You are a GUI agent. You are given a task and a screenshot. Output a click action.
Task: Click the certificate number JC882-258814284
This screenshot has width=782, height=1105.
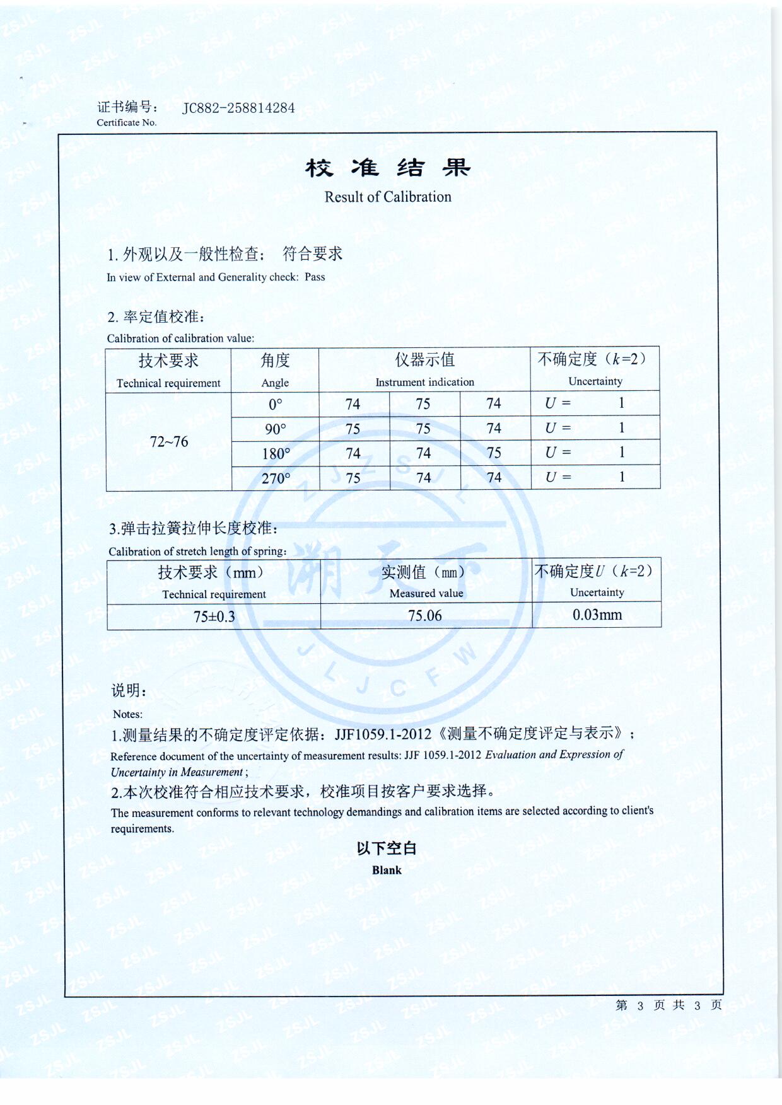tap(238, 108)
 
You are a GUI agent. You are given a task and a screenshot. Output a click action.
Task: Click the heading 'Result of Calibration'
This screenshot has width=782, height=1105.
tap(388, 197)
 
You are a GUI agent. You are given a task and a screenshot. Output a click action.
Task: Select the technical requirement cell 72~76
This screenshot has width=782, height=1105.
tap(168, 442)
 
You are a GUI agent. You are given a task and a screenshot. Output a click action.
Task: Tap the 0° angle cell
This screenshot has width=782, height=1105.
tap(276, 404)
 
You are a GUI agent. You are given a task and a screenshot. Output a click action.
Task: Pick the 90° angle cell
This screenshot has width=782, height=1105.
tap(276, 429)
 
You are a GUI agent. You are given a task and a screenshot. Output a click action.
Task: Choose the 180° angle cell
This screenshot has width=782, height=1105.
tap(276, 454)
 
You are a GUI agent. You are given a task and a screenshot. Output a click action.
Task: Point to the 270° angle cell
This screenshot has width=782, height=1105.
tap(276, 478)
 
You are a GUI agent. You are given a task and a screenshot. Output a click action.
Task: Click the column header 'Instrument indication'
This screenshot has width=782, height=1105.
tap(424, 382)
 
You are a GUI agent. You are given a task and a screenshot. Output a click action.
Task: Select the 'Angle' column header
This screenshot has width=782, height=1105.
tap(275, 383)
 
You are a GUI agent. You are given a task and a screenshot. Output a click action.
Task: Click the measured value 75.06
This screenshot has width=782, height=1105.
tap(425, 616)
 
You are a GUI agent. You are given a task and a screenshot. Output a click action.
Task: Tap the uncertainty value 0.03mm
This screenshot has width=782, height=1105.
tap(597, 615)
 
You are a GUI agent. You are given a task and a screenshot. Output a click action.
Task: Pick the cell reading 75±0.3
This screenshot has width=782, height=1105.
tap(214, 616)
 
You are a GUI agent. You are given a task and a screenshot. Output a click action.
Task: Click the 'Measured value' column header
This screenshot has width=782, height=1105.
tap(426, 593)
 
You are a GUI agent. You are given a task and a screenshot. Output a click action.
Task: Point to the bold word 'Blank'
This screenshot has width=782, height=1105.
tap(387, 870)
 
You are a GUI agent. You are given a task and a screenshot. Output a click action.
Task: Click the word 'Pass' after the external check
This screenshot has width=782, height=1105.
tap(315, 277)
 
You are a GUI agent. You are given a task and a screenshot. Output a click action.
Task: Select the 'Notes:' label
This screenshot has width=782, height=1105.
tap(127, 714)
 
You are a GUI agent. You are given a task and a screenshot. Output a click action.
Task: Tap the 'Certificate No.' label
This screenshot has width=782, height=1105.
tap(126, 122)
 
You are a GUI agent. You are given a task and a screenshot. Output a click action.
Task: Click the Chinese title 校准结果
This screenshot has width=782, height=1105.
tap(388, 168)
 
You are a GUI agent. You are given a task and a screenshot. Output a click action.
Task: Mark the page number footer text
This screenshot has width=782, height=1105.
tap(668, 1005)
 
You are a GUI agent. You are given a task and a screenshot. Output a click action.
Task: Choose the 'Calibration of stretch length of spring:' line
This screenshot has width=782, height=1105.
tap(197, 552)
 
